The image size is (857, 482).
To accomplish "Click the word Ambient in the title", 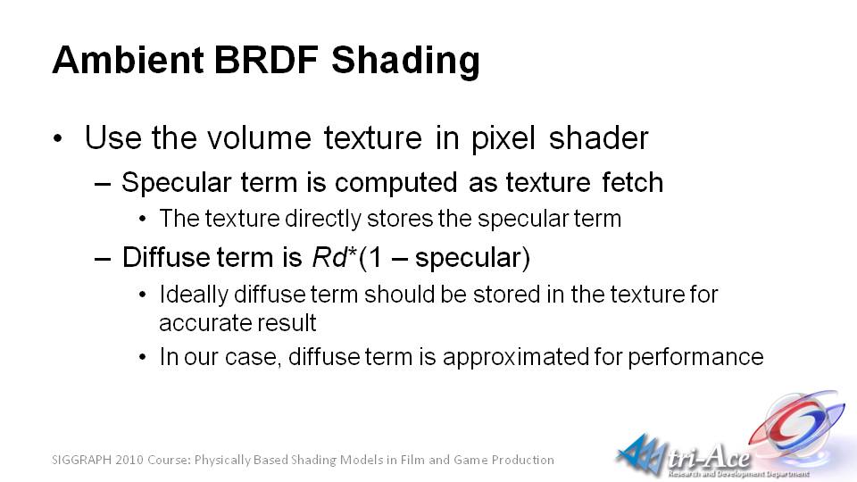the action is (128, 59).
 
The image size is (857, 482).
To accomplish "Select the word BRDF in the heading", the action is (266, 59).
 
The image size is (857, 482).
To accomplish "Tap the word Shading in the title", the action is (405, 62).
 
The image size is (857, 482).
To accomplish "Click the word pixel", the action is (503, 138).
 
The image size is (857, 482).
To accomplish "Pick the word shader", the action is (598, 137).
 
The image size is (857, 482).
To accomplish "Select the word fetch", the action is (632, 182).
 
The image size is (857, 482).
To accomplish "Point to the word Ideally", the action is (194, 295).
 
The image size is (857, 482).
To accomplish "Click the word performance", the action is (695, 357).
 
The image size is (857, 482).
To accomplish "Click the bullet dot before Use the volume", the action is (59, 138).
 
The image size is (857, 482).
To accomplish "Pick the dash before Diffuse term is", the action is (102, 259).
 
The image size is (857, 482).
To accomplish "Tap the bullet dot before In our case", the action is (143, 357).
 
